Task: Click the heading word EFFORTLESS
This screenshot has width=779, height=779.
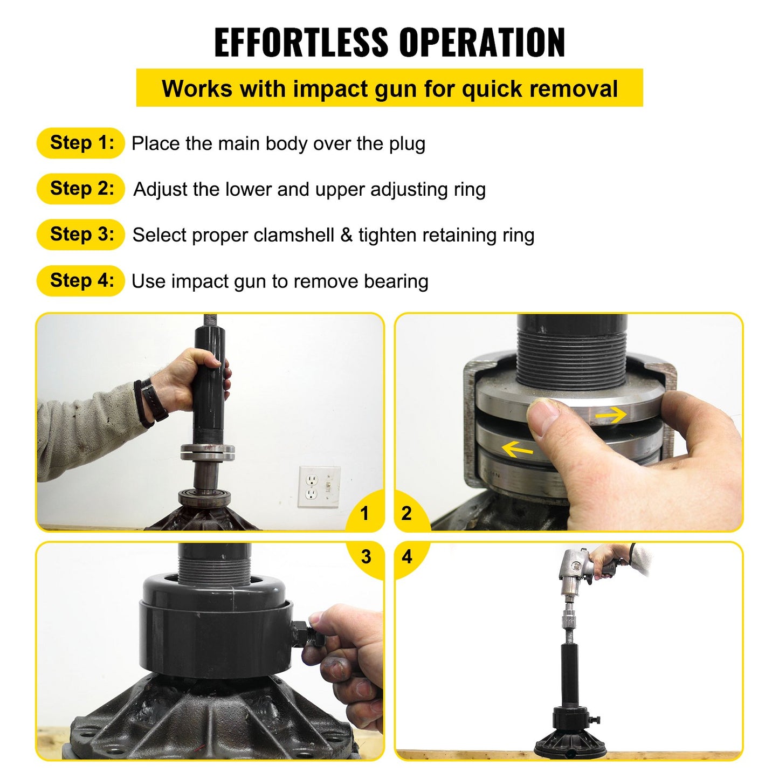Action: (x=301, y=42)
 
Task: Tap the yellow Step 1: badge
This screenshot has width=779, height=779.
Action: (x=81, y=143)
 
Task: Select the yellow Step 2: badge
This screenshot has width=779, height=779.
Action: (x=81, y=189)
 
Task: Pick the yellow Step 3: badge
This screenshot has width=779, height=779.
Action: (x=81, y=235)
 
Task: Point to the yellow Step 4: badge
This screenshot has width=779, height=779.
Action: (x=81, y=281)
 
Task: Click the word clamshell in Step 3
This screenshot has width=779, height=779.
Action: (x=294, y=235)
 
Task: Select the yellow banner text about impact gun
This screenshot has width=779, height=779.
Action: (x=389, y=88)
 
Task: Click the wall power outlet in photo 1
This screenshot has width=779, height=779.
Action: (x=312, y=487)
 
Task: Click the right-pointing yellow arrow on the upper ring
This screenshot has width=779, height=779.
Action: (x=610, y=415)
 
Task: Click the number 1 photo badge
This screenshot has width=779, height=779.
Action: (x=365, y=513)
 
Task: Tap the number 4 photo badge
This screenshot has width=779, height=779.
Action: (x=407, y=557)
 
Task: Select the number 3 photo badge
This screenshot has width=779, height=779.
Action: (x=366, y=557)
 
